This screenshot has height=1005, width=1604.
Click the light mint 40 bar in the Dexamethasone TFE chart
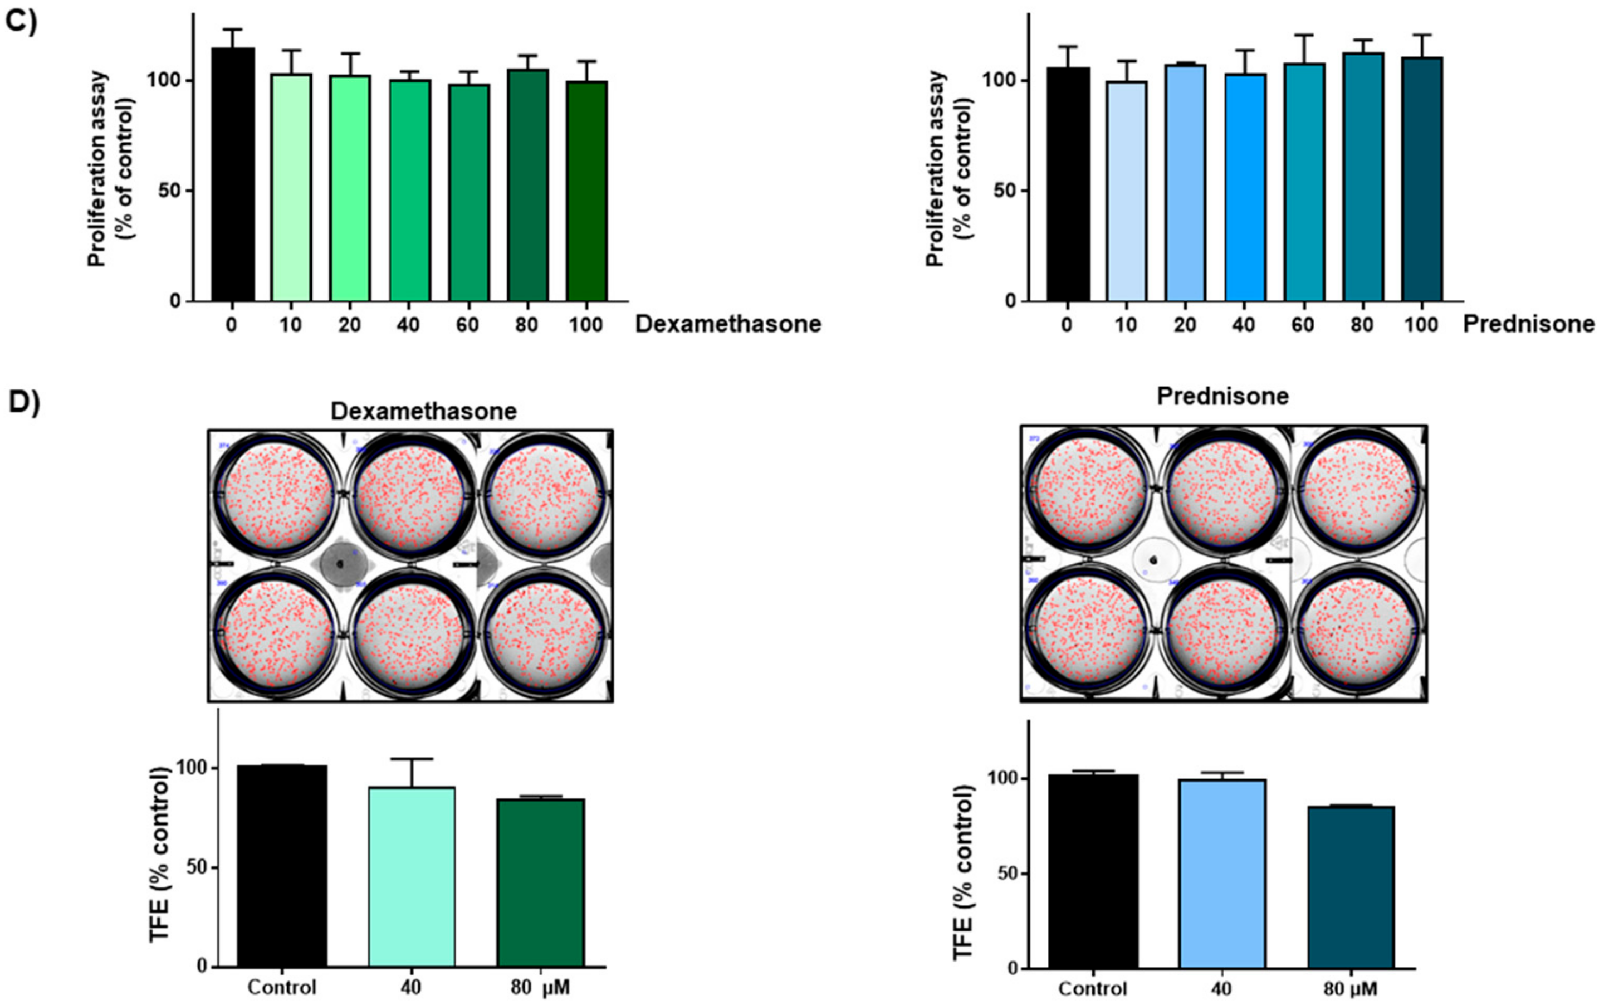click(411, 877)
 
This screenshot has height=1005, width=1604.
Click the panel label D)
click(24, 403)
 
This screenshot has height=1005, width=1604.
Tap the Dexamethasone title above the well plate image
click(423, 412)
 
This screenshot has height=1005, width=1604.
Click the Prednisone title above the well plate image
click(1222, 396)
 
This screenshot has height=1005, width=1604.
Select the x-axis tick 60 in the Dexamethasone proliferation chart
click(468, 325)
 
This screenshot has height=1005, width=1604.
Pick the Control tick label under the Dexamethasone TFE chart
click(282, 987)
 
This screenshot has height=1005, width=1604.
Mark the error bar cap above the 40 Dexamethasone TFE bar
click(411, 758)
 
